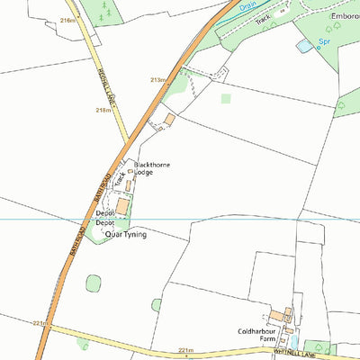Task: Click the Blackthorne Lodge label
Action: (151, 169)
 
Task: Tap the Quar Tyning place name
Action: (126, 234)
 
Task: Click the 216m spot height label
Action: (67, 20)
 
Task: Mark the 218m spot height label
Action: (104, 110)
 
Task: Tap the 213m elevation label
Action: (158, 80)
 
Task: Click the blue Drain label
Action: (247, 5)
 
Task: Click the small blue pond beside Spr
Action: (305, 44)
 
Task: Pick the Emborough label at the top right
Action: (346, 14)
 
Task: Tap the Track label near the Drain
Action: (263, 18)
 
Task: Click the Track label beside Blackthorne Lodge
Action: (118, 179)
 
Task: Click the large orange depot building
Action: (122, 206)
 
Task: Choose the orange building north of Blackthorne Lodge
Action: (168, 119)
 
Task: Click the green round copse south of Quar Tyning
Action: (94, 283)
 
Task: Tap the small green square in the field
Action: (225, 98)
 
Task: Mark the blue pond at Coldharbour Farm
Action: (293, 342)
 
